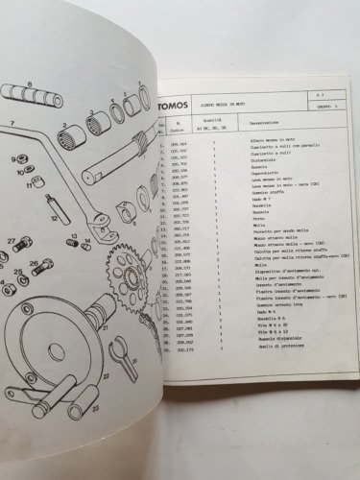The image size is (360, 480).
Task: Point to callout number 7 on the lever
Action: [x=11, y=124]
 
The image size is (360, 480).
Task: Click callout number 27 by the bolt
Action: [x=11, y=240]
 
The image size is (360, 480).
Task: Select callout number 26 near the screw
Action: [x=35, y=257]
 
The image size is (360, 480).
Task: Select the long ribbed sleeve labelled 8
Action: [x=34, y=95]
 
